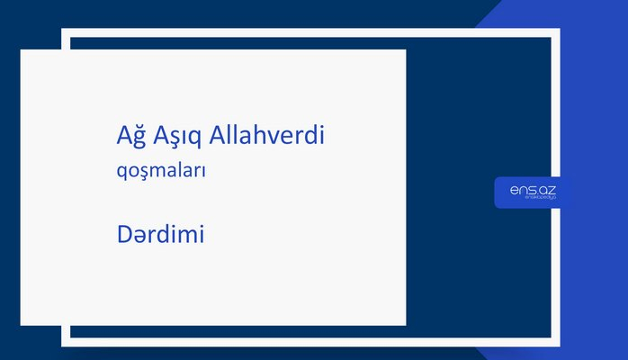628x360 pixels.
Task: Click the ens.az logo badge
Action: (532, 192)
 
